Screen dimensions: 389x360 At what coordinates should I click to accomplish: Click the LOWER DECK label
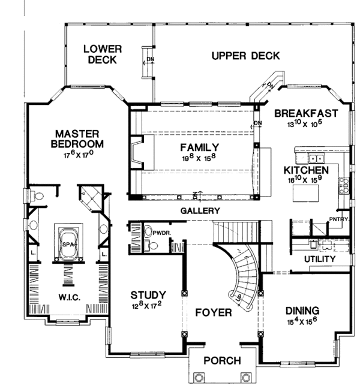(x=103, y=54)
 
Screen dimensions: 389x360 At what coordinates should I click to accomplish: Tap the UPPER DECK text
(x=245, y=56)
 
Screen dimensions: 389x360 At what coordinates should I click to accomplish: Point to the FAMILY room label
(x=200, y=147)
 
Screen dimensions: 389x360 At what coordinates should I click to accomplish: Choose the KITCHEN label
(x=305, y=170)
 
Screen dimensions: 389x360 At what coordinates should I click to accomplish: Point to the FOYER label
(x=213, y=312)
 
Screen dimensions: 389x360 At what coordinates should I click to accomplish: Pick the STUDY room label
(x=149, y=295)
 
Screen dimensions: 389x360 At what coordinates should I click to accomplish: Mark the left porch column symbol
(x=199, y=378)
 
